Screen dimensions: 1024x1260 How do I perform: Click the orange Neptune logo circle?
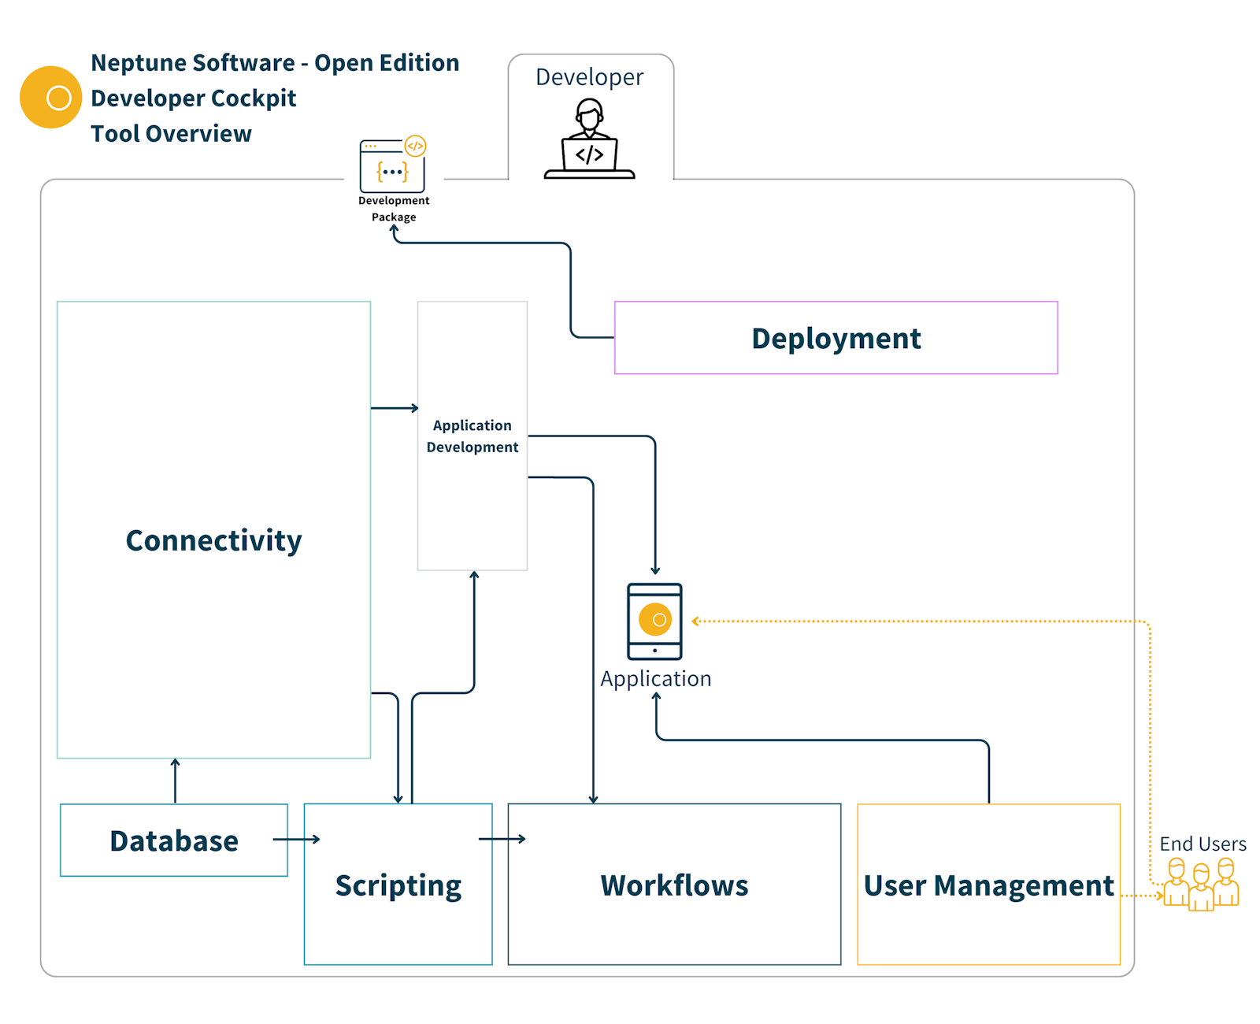tap(50, 97)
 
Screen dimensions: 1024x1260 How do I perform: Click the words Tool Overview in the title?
tap(171, 134)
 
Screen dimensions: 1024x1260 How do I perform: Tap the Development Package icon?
tap(392, 166)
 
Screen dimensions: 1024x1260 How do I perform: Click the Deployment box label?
tap(836, 339)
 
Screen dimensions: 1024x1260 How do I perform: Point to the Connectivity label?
tap(213, 540)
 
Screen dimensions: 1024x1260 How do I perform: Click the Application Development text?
tap(472, 436)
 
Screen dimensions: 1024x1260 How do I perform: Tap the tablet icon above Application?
tap(654, 621)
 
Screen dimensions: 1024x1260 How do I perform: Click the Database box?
tap(174, 840)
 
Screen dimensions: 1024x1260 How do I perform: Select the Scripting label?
tap(398, 885)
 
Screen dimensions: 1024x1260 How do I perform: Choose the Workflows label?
tap(674, 885)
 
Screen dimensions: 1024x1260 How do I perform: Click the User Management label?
tap(988, 885)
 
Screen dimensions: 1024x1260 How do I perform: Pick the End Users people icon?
tap(1201, 885)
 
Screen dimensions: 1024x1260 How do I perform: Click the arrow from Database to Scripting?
tap(297, 840)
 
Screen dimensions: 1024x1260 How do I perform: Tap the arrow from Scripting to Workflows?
tap(502, 839)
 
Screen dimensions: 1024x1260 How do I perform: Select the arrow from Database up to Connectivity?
tap(175, 780)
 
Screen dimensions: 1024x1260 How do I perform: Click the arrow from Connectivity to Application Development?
tap(395, 408)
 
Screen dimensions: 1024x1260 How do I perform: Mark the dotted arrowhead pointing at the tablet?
tap(695, 621)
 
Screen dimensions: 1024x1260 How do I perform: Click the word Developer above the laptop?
tap(589, 77)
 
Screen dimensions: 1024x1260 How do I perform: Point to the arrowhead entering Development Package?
tap(395, 229)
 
